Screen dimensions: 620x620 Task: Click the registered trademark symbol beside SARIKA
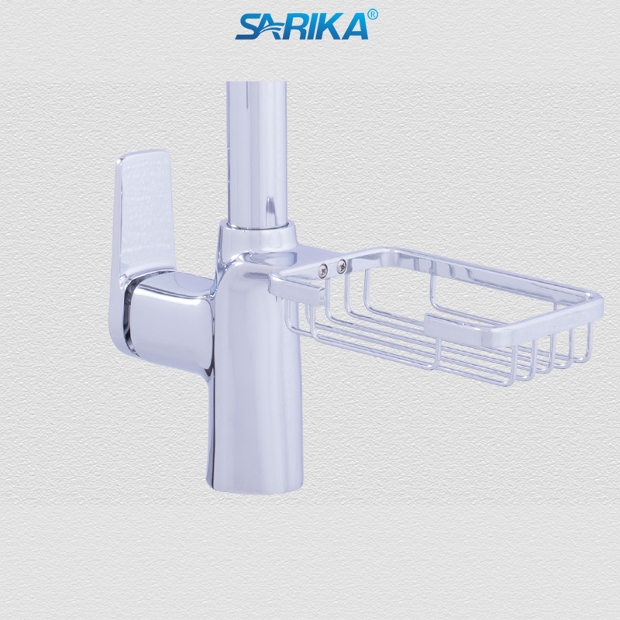pos(372,14)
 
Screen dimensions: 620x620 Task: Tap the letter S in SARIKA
pos(248,26)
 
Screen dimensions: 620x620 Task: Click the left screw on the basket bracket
pos(322,269)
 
